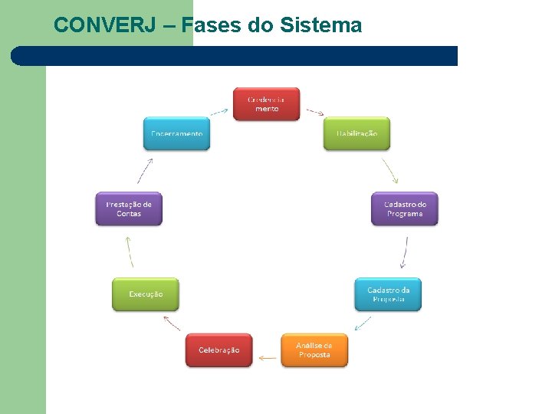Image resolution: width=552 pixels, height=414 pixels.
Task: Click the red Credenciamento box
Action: tap(266, 104)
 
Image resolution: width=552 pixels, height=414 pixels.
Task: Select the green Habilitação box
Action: tap(356, 133)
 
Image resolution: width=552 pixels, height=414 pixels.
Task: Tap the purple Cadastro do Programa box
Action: tap(404, 209)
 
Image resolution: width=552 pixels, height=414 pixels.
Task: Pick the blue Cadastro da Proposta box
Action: tap(388, 294)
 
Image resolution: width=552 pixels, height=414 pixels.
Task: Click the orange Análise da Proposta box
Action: tap(314, 350)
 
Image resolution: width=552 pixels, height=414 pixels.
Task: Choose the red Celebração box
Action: tap(219, 350)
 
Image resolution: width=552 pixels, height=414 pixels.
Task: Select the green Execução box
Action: tap(145, 294)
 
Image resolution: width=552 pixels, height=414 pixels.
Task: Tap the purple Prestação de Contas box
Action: tap(129, 209)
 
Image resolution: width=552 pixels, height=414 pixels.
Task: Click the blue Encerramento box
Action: tap(176, 133)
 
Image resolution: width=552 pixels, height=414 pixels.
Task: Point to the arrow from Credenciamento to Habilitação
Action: tap(315, 111)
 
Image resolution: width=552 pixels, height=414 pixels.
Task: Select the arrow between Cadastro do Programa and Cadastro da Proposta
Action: tap(405, 252)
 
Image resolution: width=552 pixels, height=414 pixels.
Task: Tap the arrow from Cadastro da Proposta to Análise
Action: tap(363, 323)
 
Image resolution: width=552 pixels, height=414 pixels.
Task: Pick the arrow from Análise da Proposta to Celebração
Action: tap(267, 357)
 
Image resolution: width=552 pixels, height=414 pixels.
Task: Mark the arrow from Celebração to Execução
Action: tap(172, 323)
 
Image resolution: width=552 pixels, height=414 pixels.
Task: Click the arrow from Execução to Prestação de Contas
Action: tap(129, 251)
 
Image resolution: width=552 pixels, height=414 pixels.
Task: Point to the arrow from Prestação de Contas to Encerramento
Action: tap(145, 170)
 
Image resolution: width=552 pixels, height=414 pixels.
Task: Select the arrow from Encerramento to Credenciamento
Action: tap(219, 111)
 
